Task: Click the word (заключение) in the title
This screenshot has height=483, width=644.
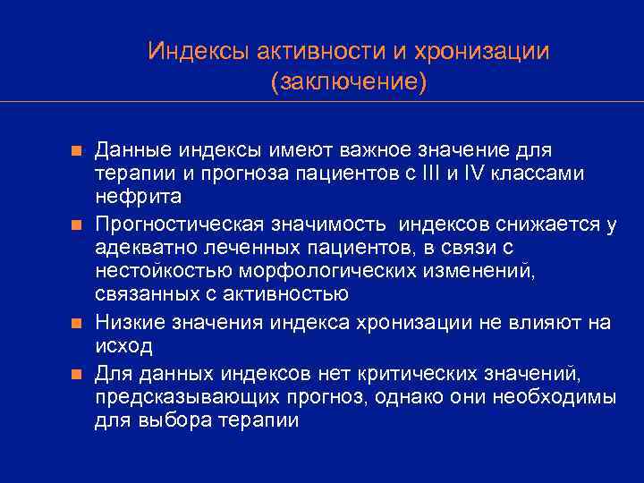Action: point(348,83)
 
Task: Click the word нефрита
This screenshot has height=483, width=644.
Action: point(138,196)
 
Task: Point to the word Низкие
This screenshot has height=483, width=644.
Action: point(124,322)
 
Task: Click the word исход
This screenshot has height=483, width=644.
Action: point(123,345)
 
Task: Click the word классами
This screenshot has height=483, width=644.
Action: point(545,173)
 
